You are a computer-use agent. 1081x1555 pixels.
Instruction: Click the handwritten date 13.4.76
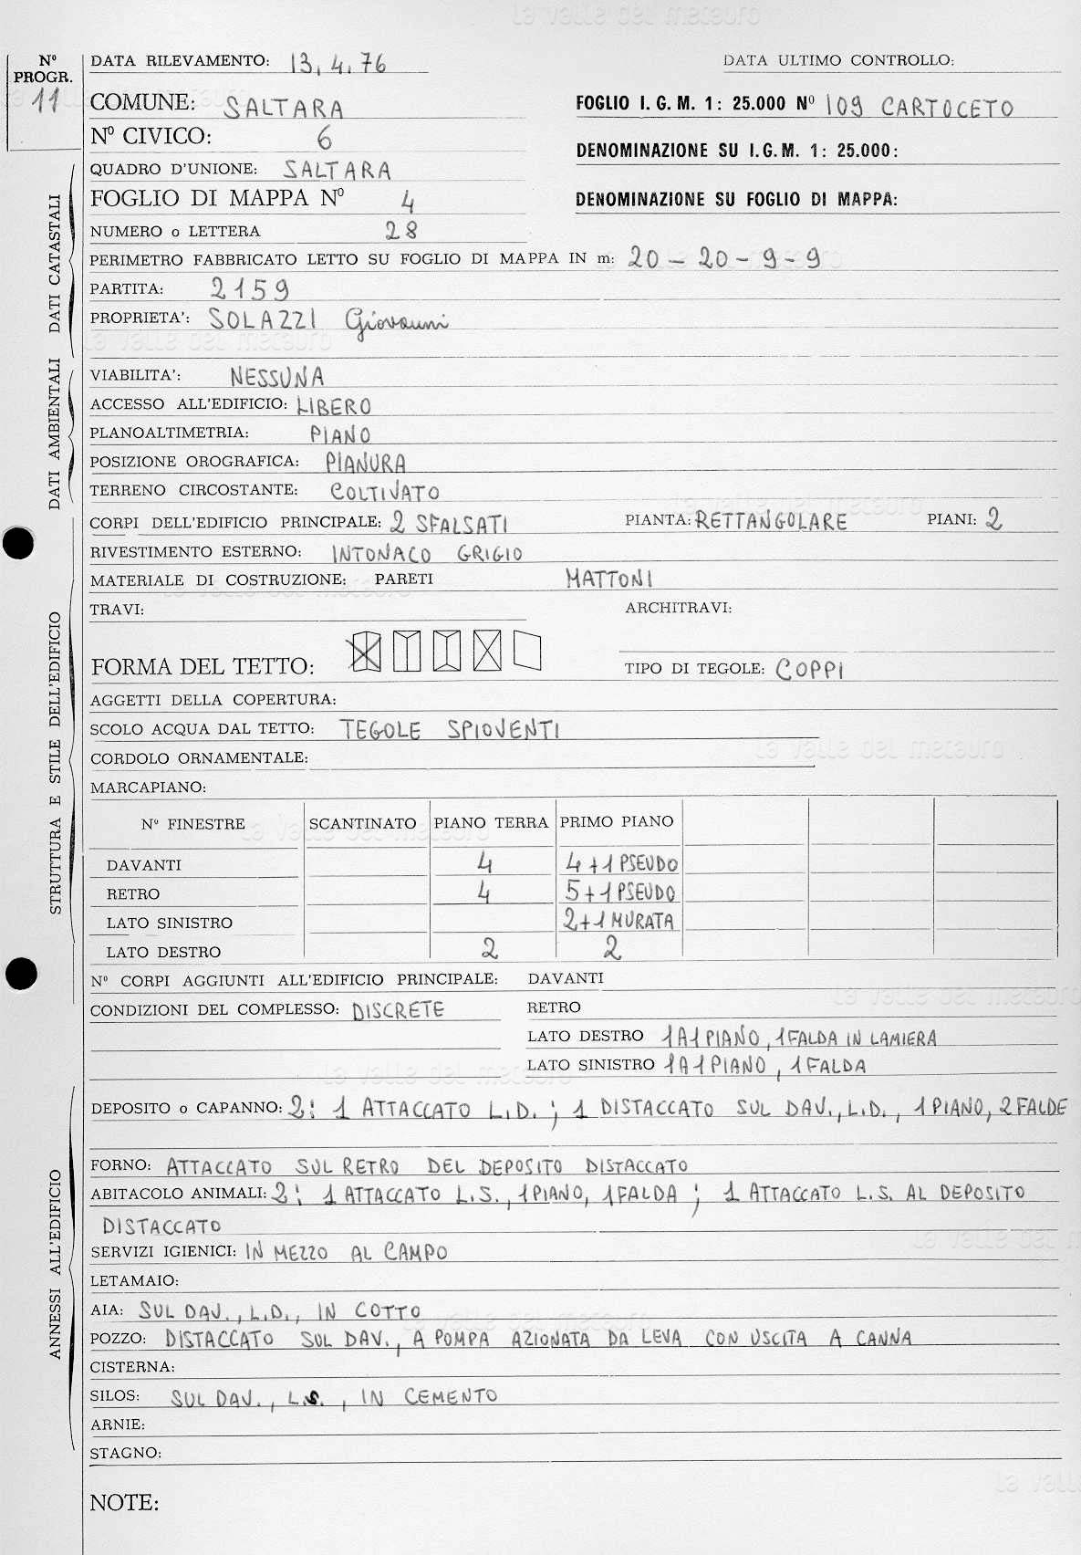[338, 63]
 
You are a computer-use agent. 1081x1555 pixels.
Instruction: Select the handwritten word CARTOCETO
[947, 108]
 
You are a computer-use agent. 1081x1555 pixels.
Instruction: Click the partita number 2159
[249, 289]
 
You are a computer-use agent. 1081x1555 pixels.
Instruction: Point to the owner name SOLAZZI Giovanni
[328, 319]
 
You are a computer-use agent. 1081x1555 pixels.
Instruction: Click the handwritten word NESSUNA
[276, 376]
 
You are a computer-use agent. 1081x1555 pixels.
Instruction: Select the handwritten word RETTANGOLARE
[771, 521]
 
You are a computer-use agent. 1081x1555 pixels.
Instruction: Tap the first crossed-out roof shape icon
[366, 652]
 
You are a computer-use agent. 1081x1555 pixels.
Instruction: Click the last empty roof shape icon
[527, 652]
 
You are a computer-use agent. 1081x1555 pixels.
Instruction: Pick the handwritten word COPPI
[810, 669]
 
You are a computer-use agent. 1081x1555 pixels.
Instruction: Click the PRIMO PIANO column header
[617, 821]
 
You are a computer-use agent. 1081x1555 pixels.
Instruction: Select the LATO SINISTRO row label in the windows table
[169, 923]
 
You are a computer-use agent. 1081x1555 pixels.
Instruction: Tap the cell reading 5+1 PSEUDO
[620, 891]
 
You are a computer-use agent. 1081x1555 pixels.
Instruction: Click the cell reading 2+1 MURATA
[618, 920]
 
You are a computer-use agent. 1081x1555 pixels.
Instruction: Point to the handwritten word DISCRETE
[398, 1010]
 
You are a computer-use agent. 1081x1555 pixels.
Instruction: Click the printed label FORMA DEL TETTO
[203, 667]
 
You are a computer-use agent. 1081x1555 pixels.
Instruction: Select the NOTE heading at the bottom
[124, 1502]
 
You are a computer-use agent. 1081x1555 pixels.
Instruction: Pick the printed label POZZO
[119, 1338]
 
